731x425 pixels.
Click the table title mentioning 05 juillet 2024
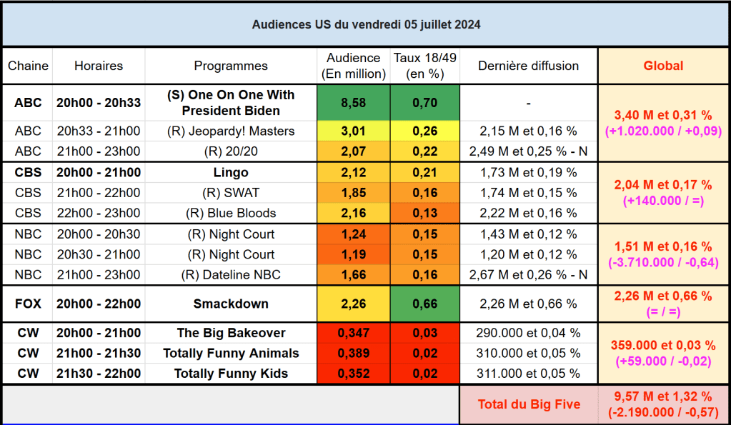[x=366, y=24]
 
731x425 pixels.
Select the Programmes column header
[x=231, y=66]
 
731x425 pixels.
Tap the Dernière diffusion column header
[x=528, y=66]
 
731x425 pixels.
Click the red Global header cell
[x=663, y=66]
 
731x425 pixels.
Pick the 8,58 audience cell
[x=353, y=103]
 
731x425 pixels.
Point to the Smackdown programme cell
[x=231, y=304]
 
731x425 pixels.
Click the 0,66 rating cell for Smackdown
[x=424, y=304]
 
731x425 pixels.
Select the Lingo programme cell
[x=231, y=172]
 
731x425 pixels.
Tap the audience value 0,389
[x=353, y=353]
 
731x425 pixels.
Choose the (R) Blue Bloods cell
[x=231, y=213]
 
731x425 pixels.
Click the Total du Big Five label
[x=529, y=404]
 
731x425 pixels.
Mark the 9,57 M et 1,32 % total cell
[x=663, y=404]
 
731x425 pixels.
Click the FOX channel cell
[x=28, y=304]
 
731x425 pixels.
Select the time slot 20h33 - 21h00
[x=99, y=131]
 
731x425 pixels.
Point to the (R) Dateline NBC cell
[x=231, y=275]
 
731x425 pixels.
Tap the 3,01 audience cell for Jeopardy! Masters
[x=353, y=131]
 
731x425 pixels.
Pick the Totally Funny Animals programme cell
[x=231, y=353]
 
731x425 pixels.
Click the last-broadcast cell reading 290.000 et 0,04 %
[x=528, y=333]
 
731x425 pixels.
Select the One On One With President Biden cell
[x=231, y=103]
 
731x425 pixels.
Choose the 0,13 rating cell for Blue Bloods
[x=424, y=213]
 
